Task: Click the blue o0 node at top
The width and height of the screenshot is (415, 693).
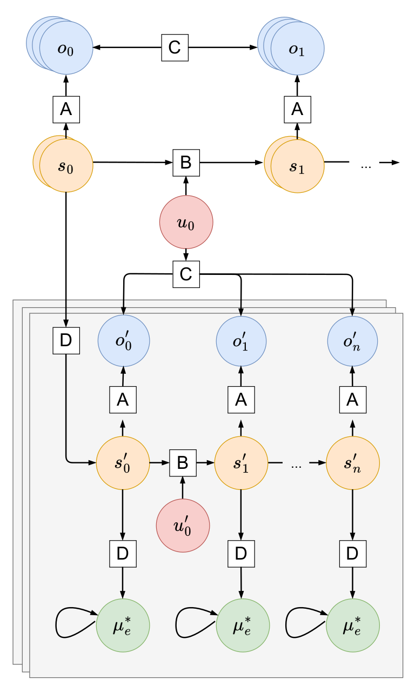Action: pyautogui.click(x=66, y=48)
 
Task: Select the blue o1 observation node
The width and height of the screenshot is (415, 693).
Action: pyautogui.click(x=297, y=48)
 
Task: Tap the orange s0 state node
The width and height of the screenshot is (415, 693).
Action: pyautogui.click(x=66, y=165)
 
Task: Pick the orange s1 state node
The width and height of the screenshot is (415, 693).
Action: pyautogui.click(x=297, y=166)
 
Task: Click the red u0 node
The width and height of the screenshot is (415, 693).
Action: pyautogui.click(x=186, y=223)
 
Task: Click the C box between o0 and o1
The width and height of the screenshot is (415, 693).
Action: pyautogui.click(x=175, y=48)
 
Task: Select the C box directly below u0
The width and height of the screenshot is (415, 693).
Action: pyautogui.click(x=186, y=274)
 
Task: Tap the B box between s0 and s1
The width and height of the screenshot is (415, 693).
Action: pyautogui.click(x=186, y=162)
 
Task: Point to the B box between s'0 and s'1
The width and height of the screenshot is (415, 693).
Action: pyautogui.click(x=183, y=462)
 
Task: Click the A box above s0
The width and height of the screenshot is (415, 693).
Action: pyautogui.click(x=66, y=110)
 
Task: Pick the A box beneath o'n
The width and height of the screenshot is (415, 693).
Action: pyautogui.click(x=352, y=400)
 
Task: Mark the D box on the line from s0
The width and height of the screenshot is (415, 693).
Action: pyautogui.click(x=66, y=341)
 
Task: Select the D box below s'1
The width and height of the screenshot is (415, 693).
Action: pyautogui.click(x=241, y=553)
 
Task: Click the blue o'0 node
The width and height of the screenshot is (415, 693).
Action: pyautogui.click(x=123, y=341)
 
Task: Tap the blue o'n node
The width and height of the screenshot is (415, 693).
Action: pyautogui.click(x=352, y=341)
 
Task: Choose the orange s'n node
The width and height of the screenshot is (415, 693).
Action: pyautogui.click(x=353, y=463)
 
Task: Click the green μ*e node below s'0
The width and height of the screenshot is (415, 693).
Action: pyautogui.click(x=123, y=627)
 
